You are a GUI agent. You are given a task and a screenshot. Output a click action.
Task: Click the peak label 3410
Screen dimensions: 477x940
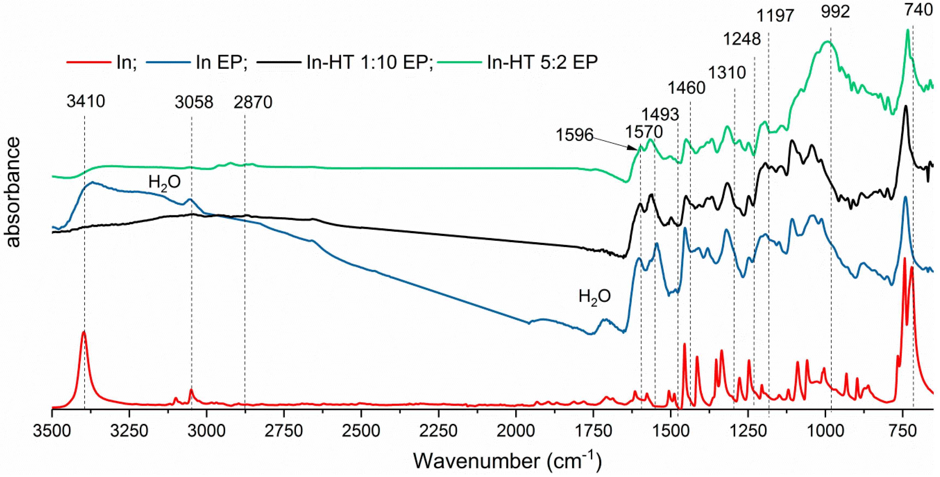point(86,101)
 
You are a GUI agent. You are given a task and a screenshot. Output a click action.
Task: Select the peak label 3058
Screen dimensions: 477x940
point(194,102)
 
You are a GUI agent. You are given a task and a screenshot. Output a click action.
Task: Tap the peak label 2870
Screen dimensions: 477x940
point(253,102)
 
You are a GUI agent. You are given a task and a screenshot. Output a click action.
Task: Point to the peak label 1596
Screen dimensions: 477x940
point(574,135)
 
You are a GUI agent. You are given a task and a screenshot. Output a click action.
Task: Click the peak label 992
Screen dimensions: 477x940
point(835,12)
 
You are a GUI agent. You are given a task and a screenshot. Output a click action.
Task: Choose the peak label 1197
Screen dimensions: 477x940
point(775,16)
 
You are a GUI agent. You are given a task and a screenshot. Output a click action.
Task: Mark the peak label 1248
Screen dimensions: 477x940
point(742,39)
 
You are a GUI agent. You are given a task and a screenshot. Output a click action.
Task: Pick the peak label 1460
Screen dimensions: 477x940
point(686,88)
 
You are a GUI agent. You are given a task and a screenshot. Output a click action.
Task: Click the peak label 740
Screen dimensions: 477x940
point(923,10)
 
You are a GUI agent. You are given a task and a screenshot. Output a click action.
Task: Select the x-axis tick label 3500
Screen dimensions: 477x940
point(52,432)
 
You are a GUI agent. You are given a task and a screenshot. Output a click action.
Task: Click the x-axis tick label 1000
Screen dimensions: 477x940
point(825,432)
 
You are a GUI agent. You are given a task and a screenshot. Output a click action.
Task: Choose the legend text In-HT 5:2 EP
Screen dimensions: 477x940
point(542,62)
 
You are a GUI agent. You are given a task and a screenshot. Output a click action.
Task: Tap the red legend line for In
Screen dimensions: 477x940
point(89,62)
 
